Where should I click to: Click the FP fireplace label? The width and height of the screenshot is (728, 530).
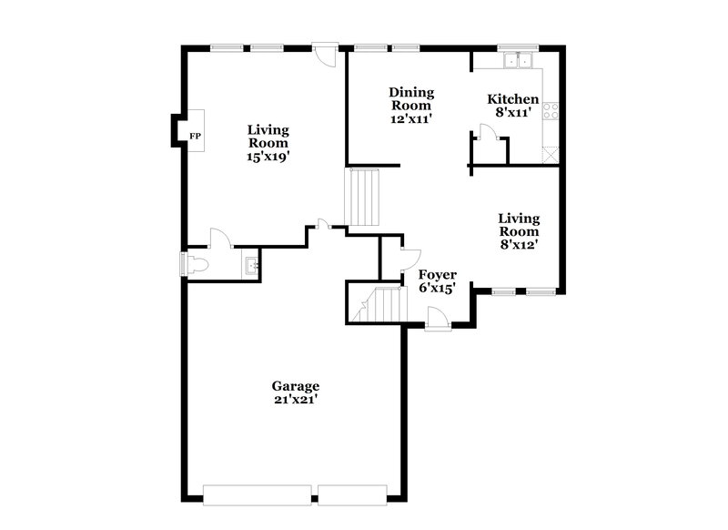194,137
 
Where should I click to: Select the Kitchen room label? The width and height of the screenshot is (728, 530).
512,107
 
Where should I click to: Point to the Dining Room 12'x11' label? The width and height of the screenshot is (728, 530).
411,105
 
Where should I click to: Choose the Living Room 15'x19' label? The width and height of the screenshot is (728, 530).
268,143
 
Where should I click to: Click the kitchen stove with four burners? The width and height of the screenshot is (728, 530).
551,112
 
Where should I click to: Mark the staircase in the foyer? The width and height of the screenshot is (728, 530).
378,304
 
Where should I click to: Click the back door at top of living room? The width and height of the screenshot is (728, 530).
324,53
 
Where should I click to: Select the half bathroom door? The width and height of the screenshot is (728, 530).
220,240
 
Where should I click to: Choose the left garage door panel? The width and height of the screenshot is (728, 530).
258,494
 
